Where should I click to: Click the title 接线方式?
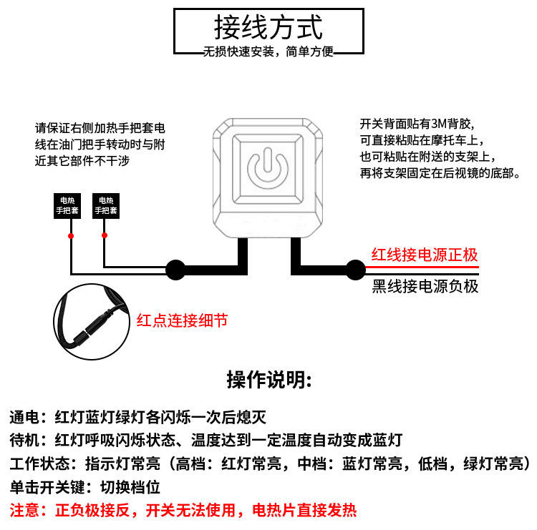click(268, 27)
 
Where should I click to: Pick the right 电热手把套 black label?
click(106, 207)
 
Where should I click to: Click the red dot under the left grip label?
click(70, 235)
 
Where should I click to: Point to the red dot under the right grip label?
click(105, 235)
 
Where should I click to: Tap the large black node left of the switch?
click(175, 270)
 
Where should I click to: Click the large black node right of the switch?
click(354, 270)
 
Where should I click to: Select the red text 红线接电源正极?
click(425, 255)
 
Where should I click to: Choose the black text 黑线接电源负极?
click(425, 287)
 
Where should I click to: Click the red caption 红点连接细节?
click(182, 320)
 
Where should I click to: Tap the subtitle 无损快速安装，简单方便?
click(268, 51)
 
